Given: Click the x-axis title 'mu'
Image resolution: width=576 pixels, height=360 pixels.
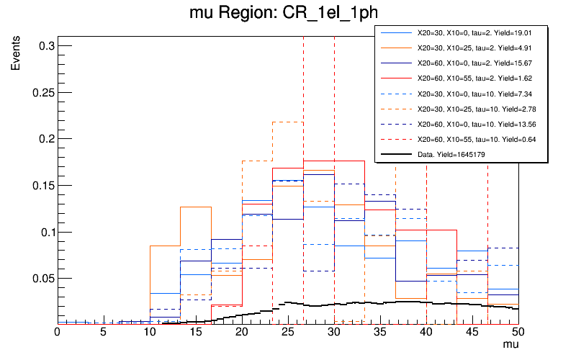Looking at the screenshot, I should [x=510, y=345].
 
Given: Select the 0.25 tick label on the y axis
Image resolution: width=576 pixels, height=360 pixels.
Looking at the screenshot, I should [x=40, y=92].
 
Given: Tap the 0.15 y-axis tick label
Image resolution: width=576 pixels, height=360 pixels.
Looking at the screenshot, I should [x=40, y=185].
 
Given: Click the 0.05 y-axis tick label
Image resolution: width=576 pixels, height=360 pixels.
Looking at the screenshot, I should [x=40, y=278].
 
